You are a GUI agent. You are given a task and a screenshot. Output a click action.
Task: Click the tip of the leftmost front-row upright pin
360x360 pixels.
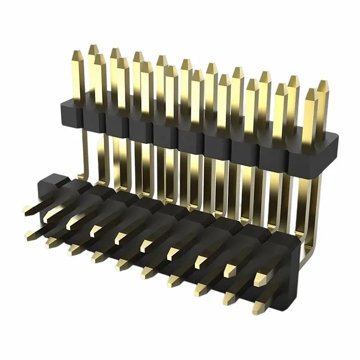(x=99, y=57)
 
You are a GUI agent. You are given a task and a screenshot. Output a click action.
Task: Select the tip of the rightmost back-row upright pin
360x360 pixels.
(x=322, y=83)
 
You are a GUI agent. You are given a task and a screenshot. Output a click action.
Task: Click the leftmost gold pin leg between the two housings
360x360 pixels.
(x=86, y=154)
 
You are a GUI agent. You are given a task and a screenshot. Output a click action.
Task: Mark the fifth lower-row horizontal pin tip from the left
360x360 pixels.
(x=121, y=265)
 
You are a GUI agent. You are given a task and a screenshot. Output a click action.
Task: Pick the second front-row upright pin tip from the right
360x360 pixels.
(x=281, y=87)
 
